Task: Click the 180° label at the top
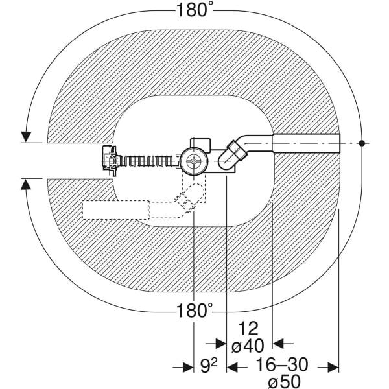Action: click(x=194, y=10)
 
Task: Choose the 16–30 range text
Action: click(x=281, y=364)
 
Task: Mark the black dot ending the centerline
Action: click(x=363, y=143)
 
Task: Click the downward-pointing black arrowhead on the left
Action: click(x=26, y=136)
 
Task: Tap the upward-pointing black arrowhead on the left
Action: click(x=26, y=184)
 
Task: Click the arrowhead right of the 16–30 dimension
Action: click(x=333, y=368)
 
